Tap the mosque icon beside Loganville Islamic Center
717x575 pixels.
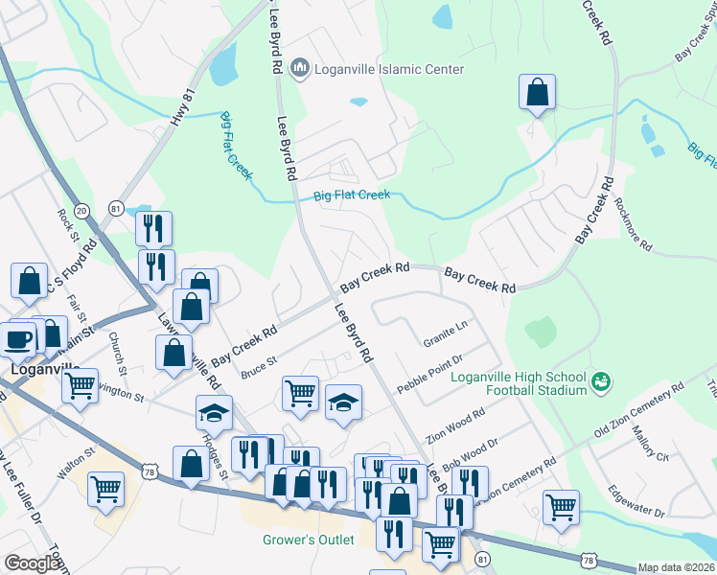point(300,68)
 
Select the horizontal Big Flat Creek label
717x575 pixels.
point(352,195)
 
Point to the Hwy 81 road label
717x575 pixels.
point(182,106)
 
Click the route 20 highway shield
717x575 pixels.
point(81,209)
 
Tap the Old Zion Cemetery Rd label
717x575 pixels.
point(638,413)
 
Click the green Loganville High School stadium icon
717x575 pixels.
point(601,381)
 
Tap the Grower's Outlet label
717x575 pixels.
point(309,540)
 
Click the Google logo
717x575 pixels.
point(32,563)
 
